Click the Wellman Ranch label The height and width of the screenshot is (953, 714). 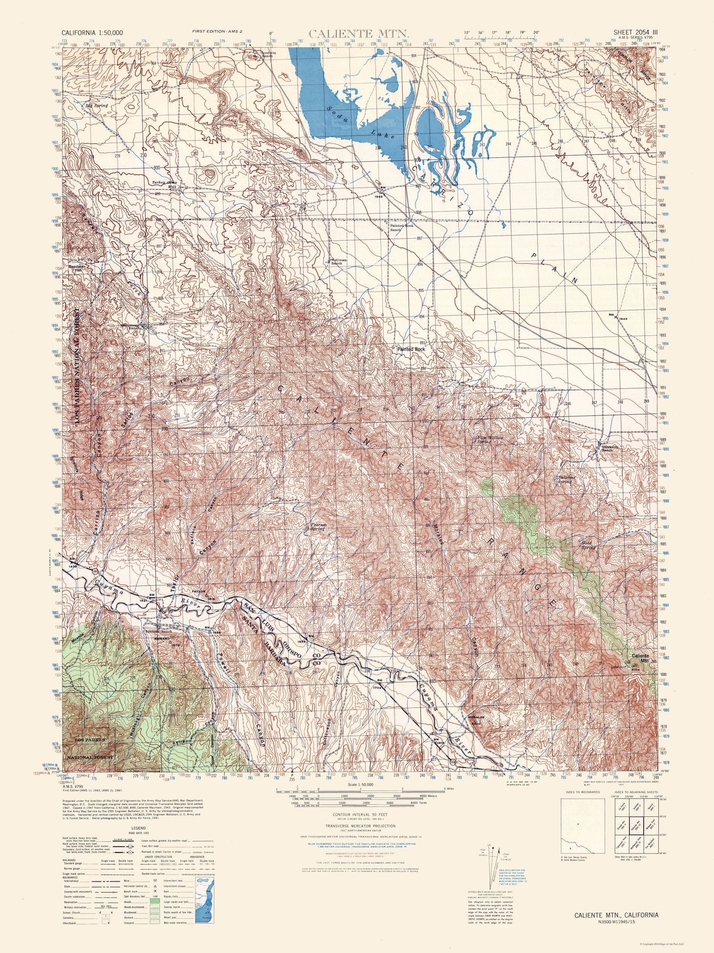tap(339, 262)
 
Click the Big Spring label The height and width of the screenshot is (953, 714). tap(95, 105)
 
